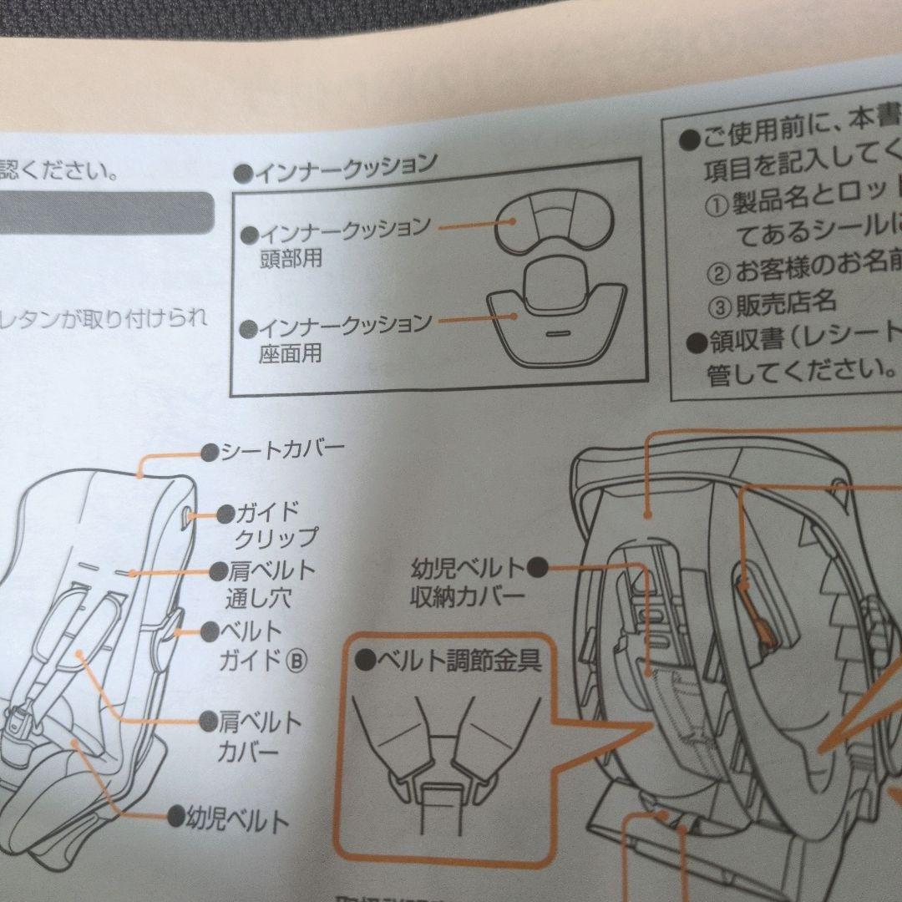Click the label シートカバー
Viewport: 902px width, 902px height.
click(x=281, y=452)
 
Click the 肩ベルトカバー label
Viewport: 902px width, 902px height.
click(x=259, y=735)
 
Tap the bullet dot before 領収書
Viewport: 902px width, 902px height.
click(x=692, y=340)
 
